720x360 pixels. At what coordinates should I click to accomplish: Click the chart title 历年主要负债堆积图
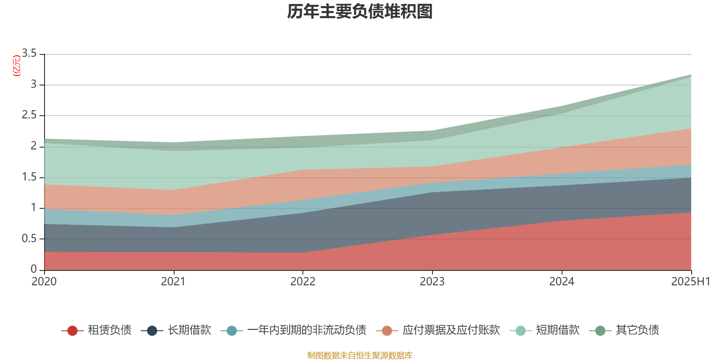[360, 12]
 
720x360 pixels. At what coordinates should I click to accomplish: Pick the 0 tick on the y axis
[34, 270]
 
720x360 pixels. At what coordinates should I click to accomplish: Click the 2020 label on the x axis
[44, 282]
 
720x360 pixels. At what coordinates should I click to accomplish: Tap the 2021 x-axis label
[173, 282]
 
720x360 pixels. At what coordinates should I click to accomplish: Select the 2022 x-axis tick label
[303, 282]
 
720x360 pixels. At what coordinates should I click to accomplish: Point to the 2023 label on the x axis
[432, 282]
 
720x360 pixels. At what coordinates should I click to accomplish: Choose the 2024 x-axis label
[562, 282]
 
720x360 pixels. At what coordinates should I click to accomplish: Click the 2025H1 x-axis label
[690, 282]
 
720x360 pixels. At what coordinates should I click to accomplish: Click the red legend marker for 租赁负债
[72, 331]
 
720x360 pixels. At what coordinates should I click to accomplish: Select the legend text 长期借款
[189, 330]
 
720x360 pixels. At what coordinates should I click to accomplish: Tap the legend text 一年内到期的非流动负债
[306, 330]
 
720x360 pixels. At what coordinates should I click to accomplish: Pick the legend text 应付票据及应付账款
[451, 330]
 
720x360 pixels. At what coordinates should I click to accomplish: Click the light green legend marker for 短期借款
[520, 331]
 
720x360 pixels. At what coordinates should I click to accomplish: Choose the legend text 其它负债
[637, 330]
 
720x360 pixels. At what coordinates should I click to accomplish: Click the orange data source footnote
[360, 355]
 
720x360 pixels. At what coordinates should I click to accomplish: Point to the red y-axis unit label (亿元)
[16, 66]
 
